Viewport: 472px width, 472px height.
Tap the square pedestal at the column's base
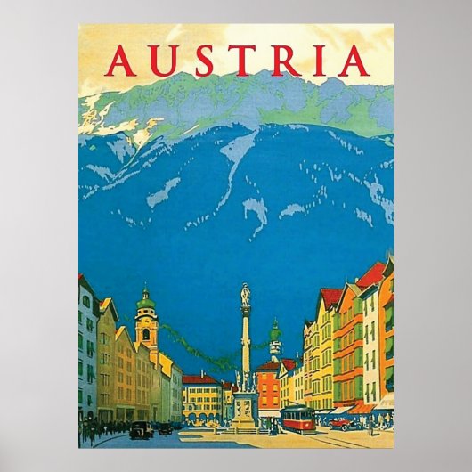[245, 411]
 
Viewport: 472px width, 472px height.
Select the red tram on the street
[297, 419]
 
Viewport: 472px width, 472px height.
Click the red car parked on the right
[341, 423]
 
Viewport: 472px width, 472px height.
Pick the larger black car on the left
[141, 430]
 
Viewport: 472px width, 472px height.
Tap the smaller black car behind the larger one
[166, 427]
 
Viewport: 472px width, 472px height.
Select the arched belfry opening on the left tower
[146, 334]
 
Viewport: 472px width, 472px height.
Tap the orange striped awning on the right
[361, 409]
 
